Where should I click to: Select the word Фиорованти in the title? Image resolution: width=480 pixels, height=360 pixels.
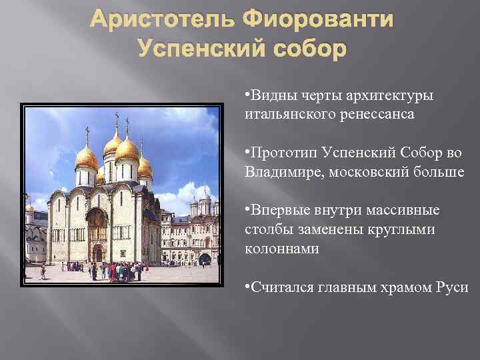click(318, 20)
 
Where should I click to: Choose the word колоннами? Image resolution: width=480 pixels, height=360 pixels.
click(283, 248)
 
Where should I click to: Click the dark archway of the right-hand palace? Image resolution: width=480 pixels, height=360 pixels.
click(205, 258)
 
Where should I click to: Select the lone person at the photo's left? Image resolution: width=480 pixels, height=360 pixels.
click(43, 272)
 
